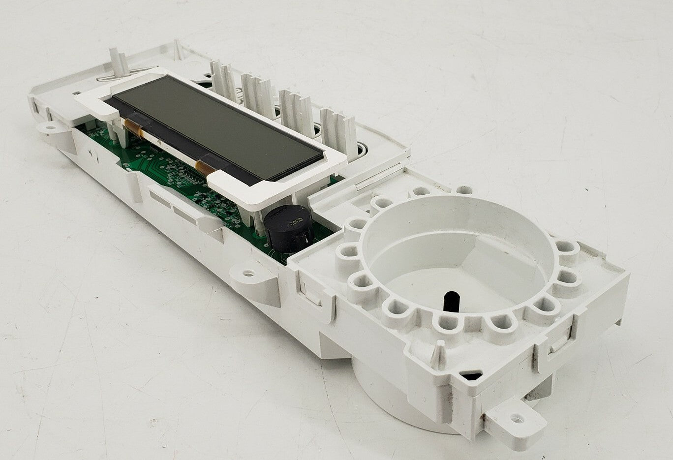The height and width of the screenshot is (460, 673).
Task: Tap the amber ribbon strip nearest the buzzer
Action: tap(206, 168)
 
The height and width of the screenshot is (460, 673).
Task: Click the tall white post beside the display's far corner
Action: tap(118, 64)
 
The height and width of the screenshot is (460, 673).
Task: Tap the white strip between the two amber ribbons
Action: tap(170, 149)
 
